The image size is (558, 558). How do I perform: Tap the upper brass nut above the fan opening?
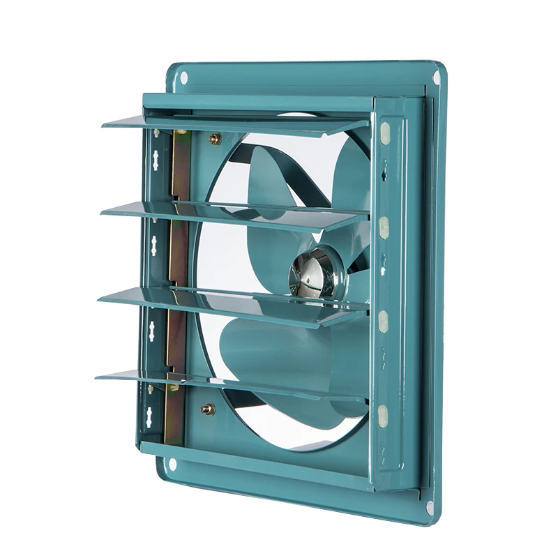(x=215, y=138)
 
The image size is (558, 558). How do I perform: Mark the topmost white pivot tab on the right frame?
(x=385, y=132)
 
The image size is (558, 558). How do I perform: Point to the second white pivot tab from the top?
(x=384, y=225)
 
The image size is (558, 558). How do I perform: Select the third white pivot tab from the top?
(x=382, y=319)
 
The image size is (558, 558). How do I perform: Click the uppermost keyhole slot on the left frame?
(x=153, y=159)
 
